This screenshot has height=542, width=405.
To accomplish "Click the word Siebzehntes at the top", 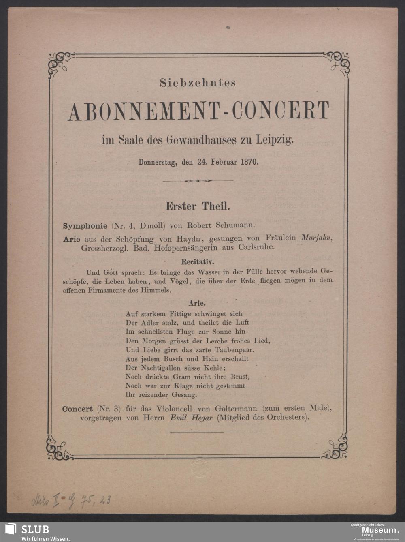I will pos(198,83).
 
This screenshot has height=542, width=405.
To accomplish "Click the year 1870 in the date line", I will pos(249,162).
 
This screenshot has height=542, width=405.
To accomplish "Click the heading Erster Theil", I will pos(198,206).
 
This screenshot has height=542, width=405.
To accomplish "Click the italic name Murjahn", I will pos(316,238).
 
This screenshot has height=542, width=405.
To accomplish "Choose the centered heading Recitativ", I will pos(198,261).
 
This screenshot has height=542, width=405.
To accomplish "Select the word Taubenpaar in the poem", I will pos(234,349).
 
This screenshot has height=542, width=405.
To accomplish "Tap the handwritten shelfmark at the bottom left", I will pos(71,501).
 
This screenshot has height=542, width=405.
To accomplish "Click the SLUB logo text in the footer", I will pos(35,529).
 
